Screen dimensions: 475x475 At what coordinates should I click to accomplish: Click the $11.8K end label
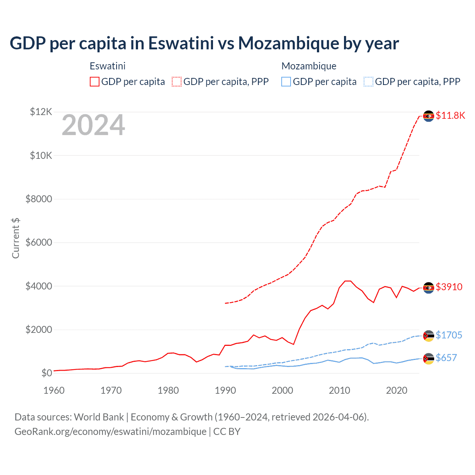[x=450, y=115]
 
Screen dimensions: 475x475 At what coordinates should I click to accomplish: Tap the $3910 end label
[x=449, y=287]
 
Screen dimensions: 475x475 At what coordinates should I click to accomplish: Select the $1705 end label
[x=449, y=335]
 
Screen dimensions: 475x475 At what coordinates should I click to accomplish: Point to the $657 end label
[x=446, y=358]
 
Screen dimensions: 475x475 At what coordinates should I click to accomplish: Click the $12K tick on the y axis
[x=41, y=112]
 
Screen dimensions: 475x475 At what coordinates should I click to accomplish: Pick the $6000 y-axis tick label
[x=39, y=242]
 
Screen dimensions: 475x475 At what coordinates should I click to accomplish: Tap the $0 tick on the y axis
[x=46, y=373]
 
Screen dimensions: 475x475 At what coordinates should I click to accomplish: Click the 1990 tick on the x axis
[x=225, y=390]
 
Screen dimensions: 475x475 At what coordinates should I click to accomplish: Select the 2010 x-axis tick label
[x=340, y=390]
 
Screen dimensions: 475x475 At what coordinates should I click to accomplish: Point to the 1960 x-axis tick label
[x=54, y=390]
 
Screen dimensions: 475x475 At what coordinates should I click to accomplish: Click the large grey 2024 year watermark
[x=93, y=125]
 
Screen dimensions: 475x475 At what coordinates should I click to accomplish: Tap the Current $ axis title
[x=16, y=238]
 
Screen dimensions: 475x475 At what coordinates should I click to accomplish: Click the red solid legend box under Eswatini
[x=95, y=82]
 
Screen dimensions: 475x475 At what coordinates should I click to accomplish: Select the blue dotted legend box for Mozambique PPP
[x=368, y=82]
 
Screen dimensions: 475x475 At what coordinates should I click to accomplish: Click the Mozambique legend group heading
[x=309, y=66]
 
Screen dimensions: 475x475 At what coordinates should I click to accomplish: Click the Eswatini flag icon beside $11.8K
[x=429, y=116]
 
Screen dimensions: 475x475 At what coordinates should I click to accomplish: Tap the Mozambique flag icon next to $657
[x=429, y=358]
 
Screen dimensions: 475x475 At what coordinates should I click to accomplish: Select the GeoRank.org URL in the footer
[x=111, y=432]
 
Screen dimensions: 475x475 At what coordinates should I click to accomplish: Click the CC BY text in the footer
[x=227, y=432]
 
